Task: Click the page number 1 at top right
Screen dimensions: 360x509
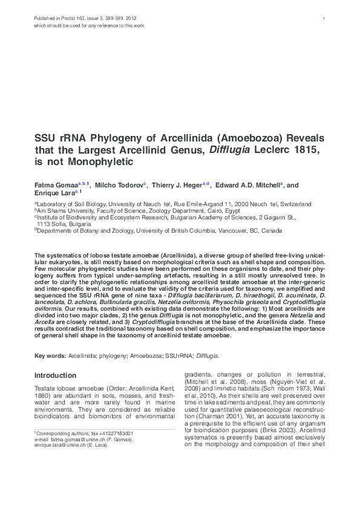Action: (x=324, y=19)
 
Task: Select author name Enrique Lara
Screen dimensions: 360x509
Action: (x=53, y=193)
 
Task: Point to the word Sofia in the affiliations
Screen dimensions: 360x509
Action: (x=57, y=224)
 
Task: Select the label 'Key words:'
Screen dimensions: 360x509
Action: (x=50, y=356)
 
